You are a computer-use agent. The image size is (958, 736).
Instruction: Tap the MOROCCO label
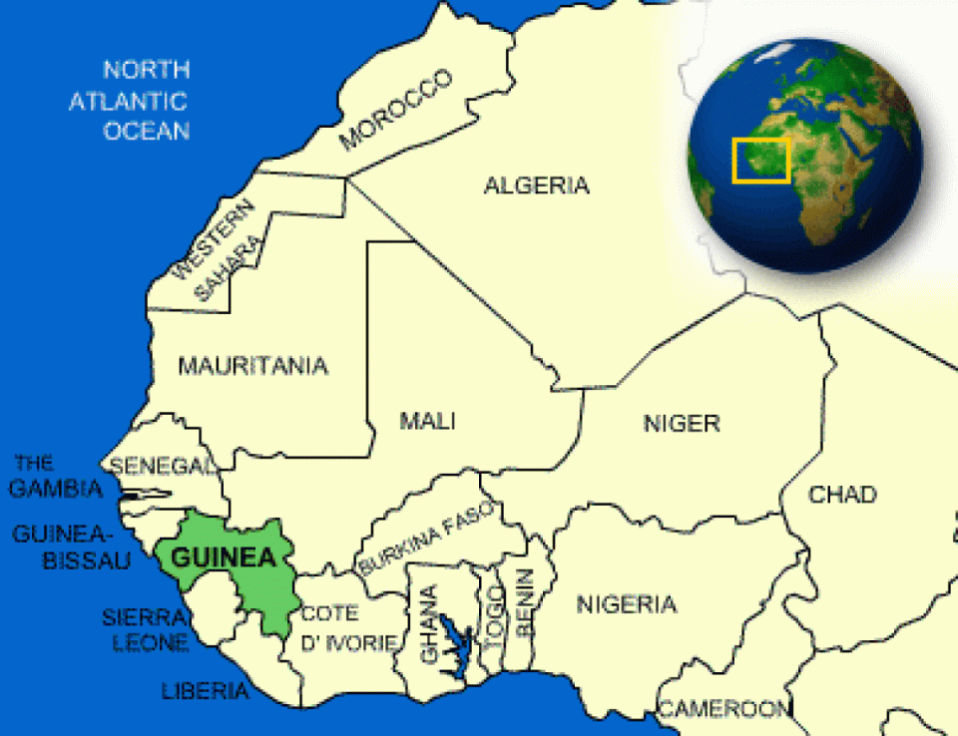(x=395, y=110)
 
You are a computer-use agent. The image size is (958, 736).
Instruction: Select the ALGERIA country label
(x=536, y=185)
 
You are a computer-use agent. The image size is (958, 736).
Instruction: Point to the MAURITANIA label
(x=252, y=366)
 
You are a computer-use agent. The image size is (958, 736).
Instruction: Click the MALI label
(x=427, y=421)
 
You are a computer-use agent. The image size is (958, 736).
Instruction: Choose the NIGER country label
(x=682, y=424)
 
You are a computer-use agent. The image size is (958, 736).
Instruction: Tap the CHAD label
(x=842, y=495)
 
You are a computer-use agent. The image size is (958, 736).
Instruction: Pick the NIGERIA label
(x=626, y=604)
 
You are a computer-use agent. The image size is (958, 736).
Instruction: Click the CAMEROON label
(x=722, y=709)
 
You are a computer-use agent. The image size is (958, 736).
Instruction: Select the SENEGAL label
(x=163, y=466)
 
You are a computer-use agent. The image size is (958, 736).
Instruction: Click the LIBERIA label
(x=205, y=690)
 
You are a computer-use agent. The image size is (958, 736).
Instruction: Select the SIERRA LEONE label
(x=145, y=630)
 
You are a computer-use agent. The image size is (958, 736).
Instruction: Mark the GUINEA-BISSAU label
(x=72, y=548)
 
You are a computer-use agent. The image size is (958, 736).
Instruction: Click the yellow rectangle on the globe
(x=761, y=160)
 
